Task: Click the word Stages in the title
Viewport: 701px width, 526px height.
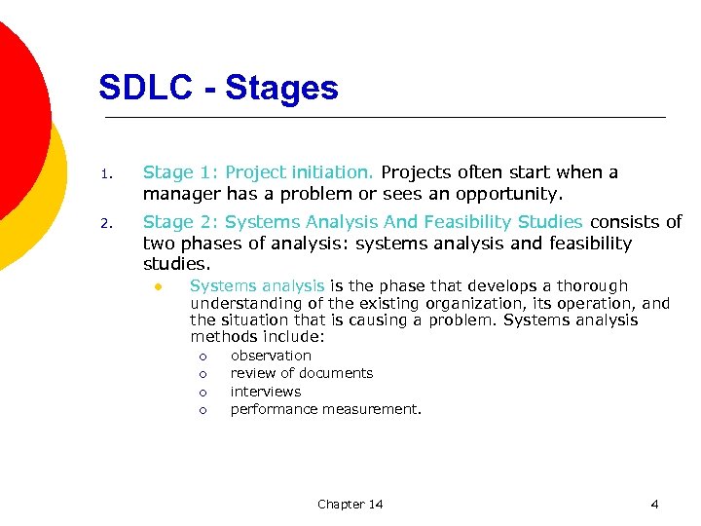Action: coord(281,89)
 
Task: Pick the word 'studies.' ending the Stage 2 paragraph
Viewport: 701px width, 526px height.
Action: coord(177,264)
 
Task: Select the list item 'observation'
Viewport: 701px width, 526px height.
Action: coord(271,356)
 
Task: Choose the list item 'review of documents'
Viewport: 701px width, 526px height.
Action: coord(301,373)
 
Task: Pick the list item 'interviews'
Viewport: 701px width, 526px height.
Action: coord(265,392)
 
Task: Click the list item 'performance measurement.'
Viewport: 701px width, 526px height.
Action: coord(325,409)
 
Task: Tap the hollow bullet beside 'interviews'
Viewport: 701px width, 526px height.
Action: coord(203,392)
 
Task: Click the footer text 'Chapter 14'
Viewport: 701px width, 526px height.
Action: coord(350,504)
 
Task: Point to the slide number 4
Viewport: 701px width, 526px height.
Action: coord(654,504)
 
